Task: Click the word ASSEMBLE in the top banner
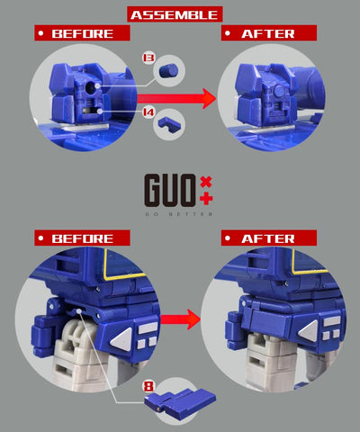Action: pos(175,14)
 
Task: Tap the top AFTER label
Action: pos(268,33)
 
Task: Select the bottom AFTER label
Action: pos(268,238)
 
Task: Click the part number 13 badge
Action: pos(148,57)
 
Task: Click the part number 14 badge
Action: pos(148,112)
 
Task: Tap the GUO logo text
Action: pos(171,188)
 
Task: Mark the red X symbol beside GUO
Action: pos(208,180)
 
